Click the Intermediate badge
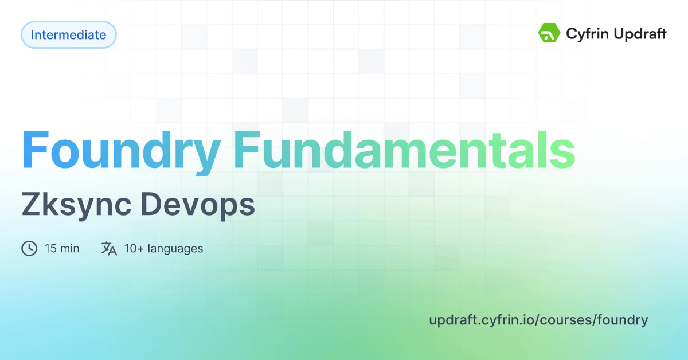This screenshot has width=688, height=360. tap(68, 35)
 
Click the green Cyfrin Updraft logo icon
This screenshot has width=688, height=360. tap(549, 34)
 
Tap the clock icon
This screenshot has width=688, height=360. tap(29, 248)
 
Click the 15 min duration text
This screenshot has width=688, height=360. tap(62, 248)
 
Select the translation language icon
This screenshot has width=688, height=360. tap(109, 248)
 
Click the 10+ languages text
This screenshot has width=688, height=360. tap(163, 248)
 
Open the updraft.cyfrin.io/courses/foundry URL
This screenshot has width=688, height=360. tap(538, 320)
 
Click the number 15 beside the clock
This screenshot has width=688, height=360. tap(50, 248)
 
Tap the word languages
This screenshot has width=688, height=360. tap(175, 249)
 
